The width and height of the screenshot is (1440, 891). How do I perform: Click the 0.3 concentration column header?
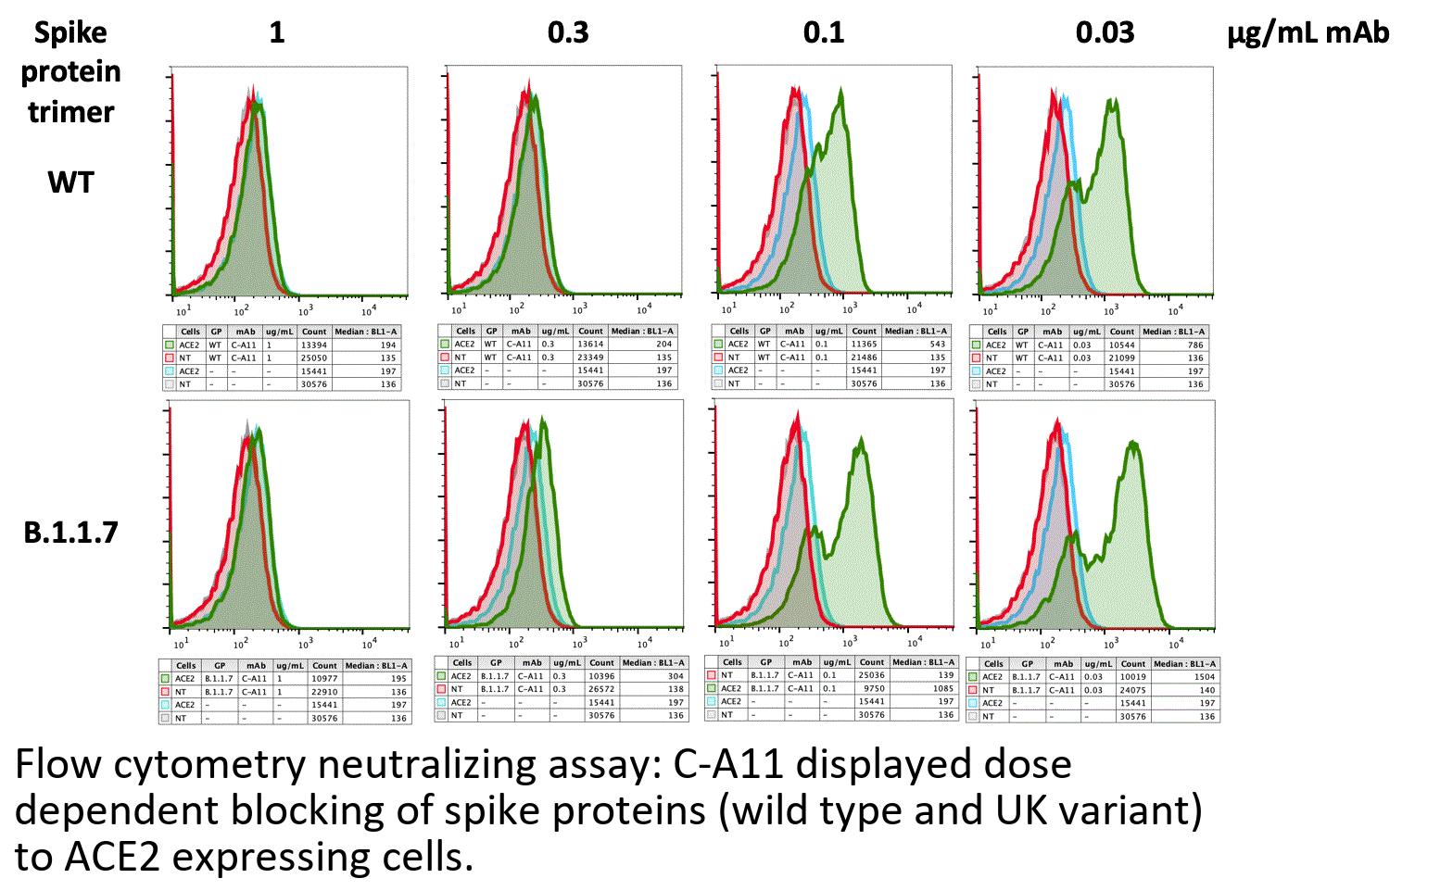point(568,33)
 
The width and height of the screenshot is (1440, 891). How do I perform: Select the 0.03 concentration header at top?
point(1105,33)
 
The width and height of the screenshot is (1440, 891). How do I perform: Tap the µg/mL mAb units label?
point(1308,33)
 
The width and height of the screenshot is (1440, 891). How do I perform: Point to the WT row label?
point(71,182)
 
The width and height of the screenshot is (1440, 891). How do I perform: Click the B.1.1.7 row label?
point(71,533)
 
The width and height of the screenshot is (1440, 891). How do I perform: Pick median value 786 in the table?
point(1195,345)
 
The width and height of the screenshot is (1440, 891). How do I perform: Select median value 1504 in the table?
point(1204,677)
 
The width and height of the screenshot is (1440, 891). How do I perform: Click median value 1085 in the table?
point(943,688)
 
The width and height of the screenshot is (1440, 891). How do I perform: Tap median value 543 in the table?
point(937,344)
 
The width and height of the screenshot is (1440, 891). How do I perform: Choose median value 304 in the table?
point(675,676)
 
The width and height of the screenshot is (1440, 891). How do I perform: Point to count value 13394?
point(313,345)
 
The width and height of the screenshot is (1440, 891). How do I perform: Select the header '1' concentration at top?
point(276,33)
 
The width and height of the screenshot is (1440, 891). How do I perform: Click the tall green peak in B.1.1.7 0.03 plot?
point(1132,446)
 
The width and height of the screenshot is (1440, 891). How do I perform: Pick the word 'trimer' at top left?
point(71,112)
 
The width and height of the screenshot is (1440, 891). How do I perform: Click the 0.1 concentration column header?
point(824,33)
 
